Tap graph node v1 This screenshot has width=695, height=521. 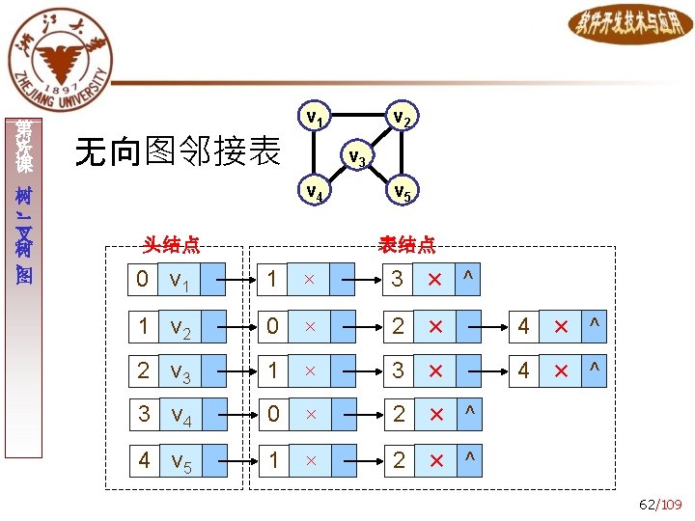(315, 118)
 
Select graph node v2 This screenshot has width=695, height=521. (403, 118)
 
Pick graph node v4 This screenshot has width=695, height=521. (315, 192)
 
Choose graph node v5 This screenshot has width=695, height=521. (403, 192)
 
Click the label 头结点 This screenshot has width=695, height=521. (171, 245)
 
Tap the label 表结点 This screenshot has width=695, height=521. (406, 245)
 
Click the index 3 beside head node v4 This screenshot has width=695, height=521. (143, 416)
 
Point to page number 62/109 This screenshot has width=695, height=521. (660, 504)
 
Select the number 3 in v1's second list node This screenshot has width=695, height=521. (398, 280)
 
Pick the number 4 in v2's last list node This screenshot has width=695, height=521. (523, 326)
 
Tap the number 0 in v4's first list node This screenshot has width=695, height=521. (273, 416)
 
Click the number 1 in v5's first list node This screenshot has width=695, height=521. (273, 460)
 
